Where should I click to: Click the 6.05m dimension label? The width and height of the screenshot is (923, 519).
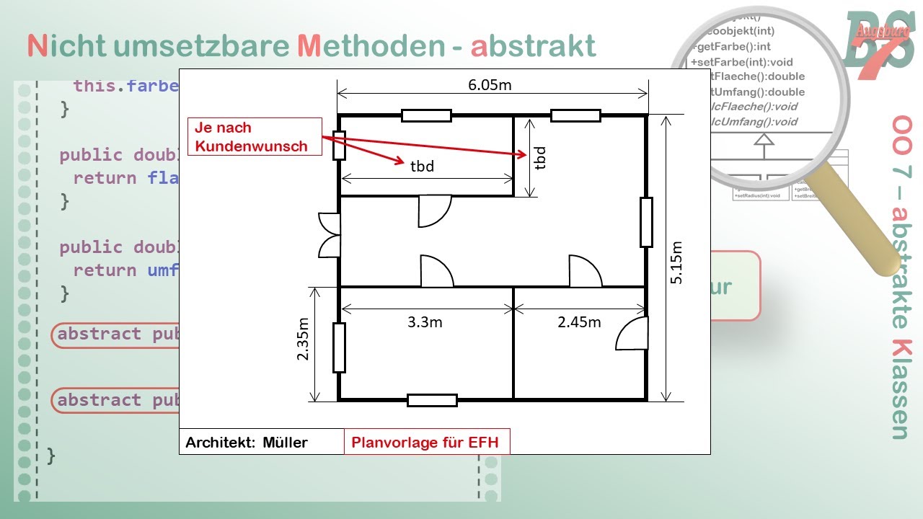[490, 84]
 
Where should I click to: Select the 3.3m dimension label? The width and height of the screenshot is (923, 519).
[425, 321]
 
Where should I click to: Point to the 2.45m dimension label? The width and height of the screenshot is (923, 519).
[579, 321]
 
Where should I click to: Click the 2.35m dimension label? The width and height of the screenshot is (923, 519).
[303, 340]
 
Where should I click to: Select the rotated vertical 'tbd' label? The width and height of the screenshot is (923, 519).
[540, 157]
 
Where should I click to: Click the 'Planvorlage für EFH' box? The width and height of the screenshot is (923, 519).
[425, 442]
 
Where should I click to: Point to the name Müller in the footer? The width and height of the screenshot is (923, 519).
[285, 443]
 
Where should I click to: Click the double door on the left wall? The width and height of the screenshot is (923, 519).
[329, 235]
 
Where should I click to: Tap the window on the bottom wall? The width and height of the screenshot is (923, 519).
[432, 400]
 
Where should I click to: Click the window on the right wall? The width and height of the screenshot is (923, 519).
[646, 222]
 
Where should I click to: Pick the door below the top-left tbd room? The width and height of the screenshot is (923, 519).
[435, 211]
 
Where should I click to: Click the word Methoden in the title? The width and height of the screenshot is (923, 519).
[371, 46]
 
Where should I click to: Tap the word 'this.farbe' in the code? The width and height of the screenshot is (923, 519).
[125, 86]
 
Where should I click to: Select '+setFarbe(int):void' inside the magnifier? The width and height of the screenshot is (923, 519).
[743, 61]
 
